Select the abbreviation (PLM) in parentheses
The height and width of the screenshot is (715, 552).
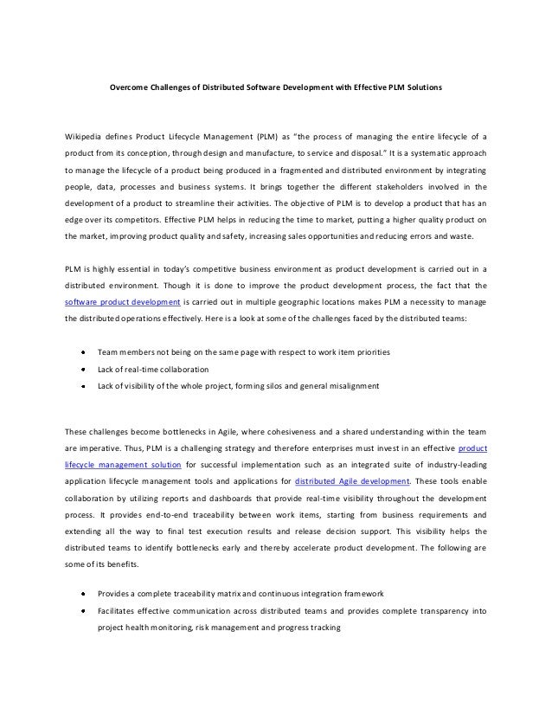pos(269,138)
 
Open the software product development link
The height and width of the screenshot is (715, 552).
pos(122,302)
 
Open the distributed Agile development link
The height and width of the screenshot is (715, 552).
pos(344,482)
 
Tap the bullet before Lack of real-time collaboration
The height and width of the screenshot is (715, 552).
pos(82,369)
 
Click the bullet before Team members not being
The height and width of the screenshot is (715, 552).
pos(82,352)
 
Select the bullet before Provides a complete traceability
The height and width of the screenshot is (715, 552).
pos(82,594)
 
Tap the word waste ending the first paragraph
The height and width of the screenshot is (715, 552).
pos(474,236)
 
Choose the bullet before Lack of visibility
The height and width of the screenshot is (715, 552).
pos(82,385)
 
